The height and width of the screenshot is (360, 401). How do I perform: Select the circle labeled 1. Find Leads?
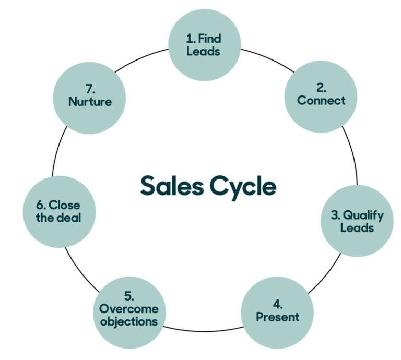point(204,45)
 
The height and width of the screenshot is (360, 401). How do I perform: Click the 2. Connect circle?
point(321,94)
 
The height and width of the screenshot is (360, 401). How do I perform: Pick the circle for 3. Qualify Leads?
point(357,221)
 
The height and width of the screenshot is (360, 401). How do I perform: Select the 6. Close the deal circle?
point(58,212)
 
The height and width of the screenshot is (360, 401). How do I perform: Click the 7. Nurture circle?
point(90,95)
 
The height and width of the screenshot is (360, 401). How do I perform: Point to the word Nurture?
point(90,102)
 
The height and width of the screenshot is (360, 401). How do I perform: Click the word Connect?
point(321,100)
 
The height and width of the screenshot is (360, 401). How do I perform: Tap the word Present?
point(277,317)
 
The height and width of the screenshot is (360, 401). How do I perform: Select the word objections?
point(129,321)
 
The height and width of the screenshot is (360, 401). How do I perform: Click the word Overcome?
point(129,309)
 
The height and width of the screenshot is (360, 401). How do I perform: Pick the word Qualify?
point(364,215)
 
